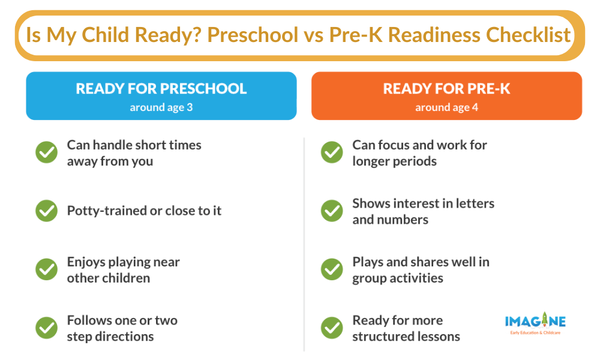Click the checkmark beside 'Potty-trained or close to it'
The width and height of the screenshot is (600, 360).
(x=46, y=211)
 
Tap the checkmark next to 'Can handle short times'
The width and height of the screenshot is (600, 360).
(x=46, y=152)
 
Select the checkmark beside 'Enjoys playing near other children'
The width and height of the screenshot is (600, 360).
(x=46, y=269)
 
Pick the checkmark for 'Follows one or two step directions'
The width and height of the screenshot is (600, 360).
(x=46, y=328)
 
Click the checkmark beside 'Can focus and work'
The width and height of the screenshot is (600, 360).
(x=332, y=152)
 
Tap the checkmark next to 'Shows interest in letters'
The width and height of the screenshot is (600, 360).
(x=332, y=211)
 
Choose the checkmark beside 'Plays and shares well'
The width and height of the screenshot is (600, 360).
(x=332, y=269)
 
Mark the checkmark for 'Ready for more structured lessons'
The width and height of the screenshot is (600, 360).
(x=332, y=328)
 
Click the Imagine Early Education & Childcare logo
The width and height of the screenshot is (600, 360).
(x=535, y=323)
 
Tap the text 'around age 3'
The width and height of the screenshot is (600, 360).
(x=161, y=107)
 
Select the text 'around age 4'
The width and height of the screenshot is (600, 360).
(x=446, y=107)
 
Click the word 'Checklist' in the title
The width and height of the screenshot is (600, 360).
(x=528, y=35)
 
